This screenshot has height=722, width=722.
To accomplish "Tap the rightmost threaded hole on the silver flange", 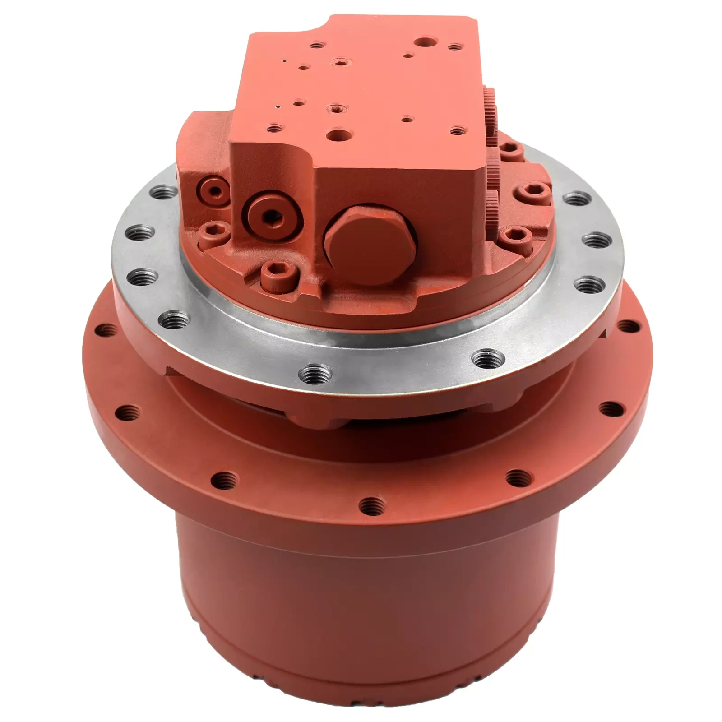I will [595, 239].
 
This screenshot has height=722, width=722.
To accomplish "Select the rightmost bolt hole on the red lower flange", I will [626, 326].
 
